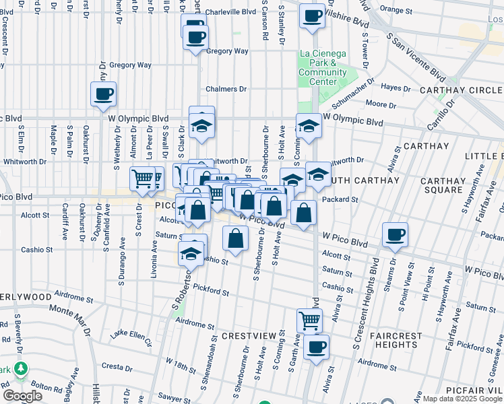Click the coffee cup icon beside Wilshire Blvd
point(311,15)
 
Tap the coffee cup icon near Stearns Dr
point(395,235)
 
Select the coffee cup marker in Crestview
point(315,347)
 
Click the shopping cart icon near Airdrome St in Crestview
point(309,321)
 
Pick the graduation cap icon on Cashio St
point(192,254)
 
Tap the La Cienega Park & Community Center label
point(322,67)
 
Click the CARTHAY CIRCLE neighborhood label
point(462,90)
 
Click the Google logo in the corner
point(22,396)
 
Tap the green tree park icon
point(21,369)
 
